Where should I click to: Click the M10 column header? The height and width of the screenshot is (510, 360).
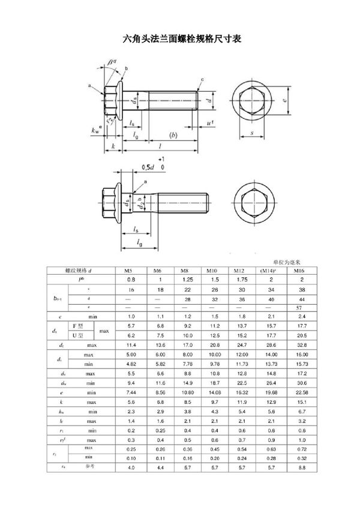click(213, 271)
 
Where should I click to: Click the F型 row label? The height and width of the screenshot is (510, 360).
click(79, 325)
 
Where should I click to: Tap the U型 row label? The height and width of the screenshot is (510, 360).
click(79, 335)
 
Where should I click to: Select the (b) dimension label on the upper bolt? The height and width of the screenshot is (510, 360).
click(174, 136)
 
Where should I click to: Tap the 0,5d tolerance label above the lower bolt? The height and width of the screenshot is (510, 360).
click(147, 167)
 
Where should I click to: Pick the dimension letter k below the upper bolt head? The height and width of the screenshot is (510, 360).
click(112, 147)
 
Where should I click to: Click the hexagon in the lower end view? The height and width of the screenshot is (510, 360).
click(254, 205)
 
